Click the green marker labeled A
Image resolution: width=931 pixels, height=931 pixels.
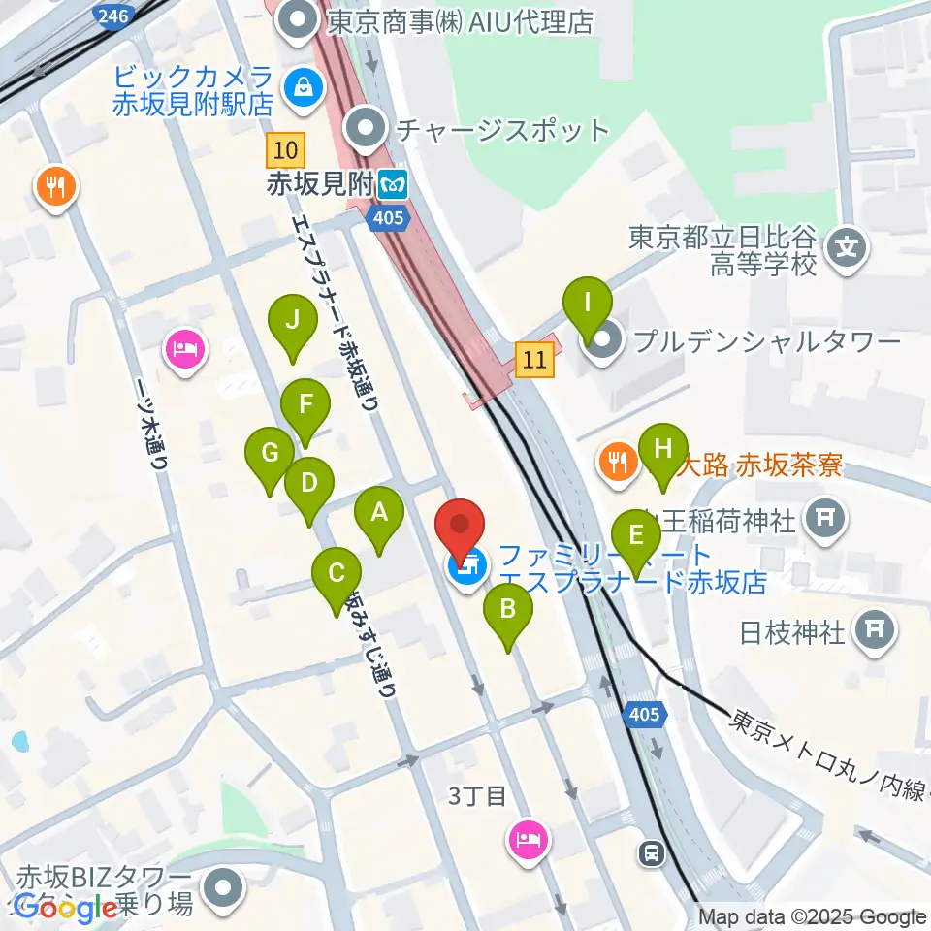[379, 514]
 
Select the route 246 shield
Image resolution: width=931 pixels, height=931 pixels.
[110, 16]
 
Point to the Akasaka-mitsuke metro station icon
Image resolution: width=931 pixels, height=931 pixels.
[394, 181]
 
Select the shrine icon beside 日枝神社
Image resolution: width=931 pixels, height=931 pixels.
[876, 630]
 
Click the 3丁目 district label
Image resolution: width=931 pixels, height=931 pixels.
[477, 796]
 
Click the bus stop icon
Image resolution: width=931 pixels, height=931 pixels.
[651, 852]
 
